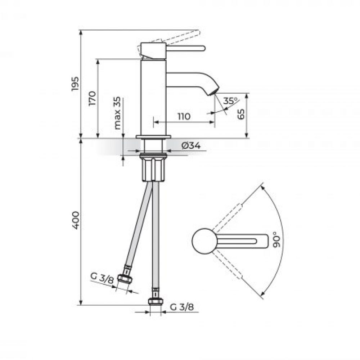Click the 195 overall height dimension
75,84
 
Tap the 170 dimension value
92,98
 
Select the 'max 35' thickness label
117,113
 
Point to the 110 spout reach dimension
184,116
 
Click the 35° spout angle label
230,101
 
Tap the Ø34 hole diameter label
191,145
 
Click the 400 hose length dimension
76,220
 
